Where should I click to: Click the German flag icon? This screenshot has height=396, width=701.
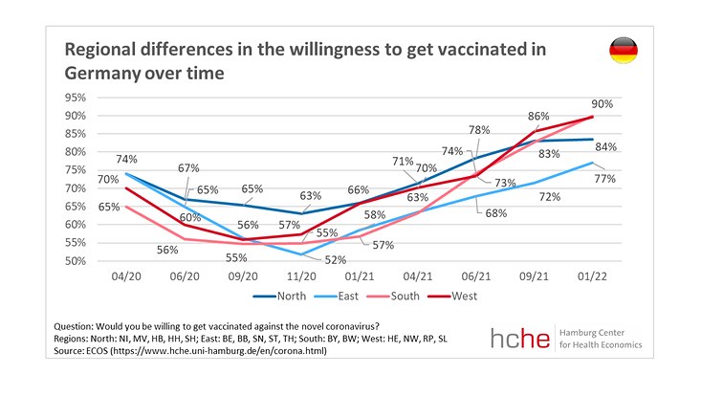pyautogui.click(x=624, y=51)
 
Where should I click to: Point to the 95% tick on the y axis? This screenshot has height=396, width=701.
pyautogui.click(x=76, y=98)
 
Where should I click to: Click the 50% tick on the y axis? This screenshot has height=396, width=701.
pyautogui.click(x=76, y=261)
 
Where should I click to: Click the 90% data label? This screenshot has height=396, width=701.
pyautogui.click(x=602, y=102)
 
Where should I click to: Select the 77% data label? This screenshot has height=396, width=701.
pyautogui.click(x=604, y=178)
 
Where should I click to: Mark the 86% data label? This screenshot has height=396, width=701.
pyautogui.click(x=540, y=115)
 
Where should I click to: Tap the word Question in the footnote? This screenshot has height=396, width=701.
pyautogui.click(x=79, y=326)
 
